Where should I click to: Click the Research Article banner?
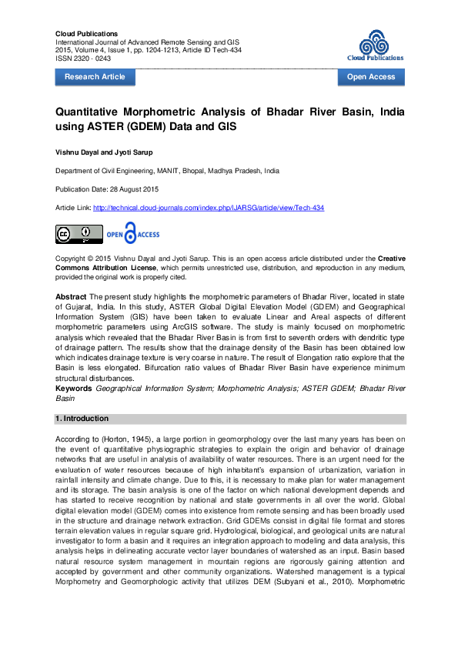tap(95, 77)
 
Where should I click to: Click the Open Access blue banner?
tap(371, 77)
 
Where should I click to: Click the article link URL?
tap(209, 208)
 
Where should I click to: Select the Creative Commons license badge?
tap(78, 234)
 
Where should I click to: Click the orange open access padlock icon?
tap(129, 234)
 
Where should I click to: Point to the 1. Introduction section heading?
tap(82, 419)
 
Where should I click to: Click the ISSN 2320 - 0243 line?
tap(83, 58)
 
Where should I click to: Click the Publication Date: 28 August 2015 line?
tap(105, 189)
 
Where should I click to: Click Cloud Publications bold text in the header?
tap(86, 34)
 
